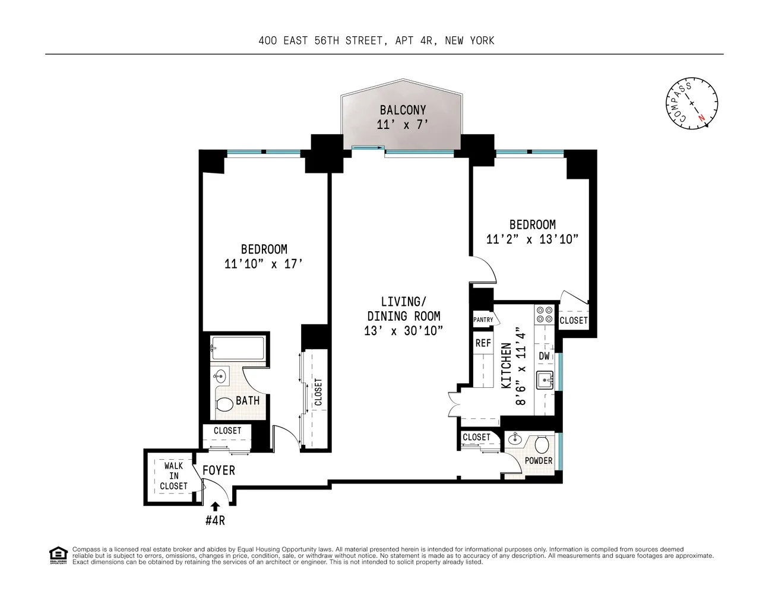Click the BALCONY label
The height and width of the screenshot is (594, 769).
[x=403, y=110]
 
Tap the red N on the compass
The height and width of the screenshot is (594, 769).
[x=702, y=118]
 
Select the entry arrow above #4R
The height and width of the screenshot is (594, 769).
[x=215, y=506]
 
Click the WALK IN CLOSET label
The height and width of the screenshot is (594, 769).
[x=173, y=476]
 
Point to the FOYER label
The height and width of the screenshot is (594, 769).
[x=219, y=470]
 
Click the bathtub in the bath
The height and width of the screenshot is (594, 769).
[x=238, y=347]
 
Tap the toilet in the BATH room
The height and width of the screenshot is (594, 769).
[x=224, y=405]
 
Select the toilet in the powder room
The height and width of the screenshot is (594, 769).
[x=542, y=444]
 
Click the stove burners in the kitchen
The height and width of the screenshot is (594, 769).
[x=544, y=315]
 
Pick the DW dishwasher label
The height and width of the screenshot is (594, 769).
[x=544, y=356]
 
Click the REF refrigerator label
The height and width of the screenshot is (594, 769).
[x=483, y=343]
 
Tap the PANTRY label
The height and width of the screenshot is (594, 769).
[x=483, y=320]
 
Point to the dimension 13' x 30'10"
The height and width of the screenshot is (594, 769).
[x=404, y=331]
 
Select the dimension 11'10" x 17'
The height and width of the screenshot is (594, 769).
[x=264, y=264]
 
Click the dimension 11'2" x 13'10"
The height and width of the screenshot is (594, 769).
[x=532, y=239]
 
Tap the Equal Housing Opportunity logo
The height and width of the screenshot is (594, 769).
[x=58, y=555]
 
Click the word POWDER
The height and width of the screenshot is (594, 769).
[x=538, y=461]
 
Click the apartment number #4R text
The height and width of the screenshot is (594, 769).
[x=215, y=521]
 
